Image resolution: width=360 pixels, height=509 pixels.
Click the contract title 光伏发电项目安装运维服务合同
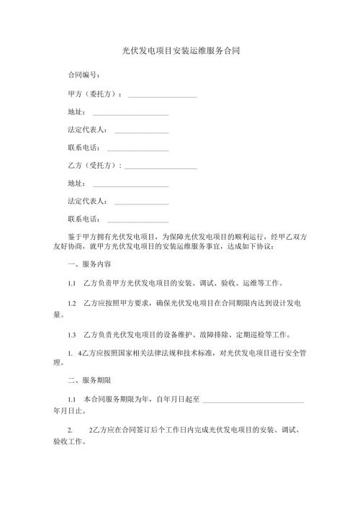[180, 52]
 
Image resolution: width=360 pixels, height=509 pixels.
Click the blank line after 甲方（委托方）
[162, 96]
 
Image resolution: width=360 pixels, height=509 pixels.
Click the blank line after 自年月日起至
[253, 400]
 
